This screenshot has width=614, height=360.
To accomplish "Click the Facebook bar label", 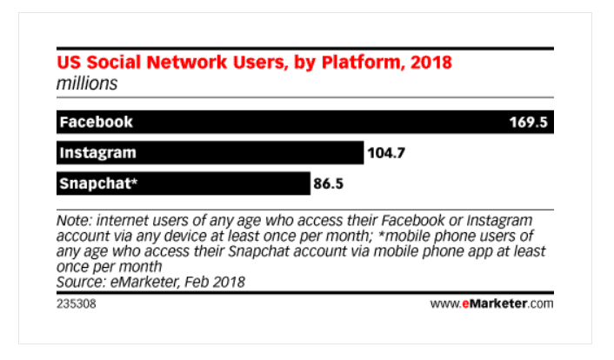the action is [96, 123].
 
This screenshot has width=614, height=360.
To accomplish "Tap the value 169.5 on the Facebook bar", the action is [528, 123].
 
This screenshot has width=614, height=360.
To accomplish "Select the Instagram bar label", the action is [97, 153].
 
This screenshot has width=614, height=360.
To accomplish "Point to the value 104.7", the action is [386, 153].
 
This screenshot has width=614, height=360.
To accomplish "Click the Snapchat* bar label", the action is [98, 183].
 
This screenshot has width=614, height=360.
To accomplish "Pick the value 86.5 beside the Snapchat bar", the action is [328, 183].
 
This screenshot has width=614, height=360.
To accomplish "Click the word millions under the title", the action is [87, 83].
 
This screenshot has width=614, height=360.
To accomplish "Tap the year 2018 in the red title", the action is [431, 63].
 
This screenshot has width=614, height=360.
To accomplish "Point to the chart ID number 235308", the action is [76, 304].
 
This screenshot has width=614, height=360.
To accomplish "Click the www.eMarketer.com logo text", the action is [491, 303].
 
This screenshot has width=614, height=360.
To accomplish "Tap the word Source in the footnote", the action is [80, 282].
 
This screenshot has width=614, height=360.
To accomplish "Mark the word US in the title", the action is [70, 63].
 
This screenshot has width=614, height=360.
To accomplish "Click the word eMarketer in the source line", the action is [145, 282].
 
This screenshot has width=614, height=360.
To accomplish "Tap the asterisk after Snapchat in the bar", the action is [134, 180].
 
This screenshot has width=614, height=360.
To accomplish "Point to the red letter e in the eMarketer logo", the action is [465, 304].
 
